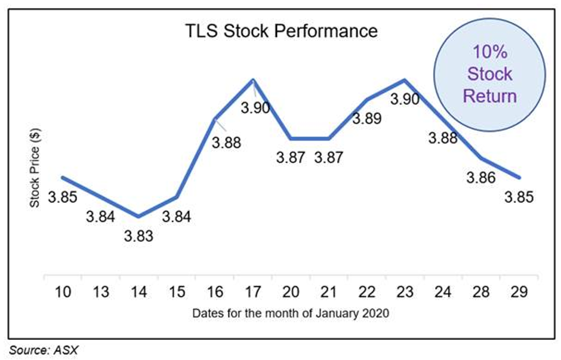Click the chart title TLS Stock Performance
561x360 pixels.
pyautogui.click(x=282, y=31)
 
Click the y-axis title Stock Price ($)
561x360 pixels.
pyautogui.click(x=35, y=168)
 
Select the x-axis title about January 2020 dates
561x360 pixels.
pyautogui.click(x=291, y=313)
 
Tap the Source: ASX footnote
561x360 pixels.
pyautogui.click(x=44, y=350)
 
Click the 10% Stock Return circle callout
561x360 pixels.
pyautogui.click(x=490, y=75)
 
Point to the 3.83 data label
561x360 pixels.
pyautogui.click(x=138, y=236)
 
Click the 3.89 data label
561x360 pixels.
pyautogui.click(x=366, y=118)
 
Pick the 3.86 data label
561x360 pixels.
pyautogui.click(x=481, y=178)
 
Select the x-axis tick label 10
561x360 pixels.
pyautogui.click(x=63, y=292)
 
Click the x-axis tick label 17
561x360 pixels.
pyautogui.click(x=252, y=292)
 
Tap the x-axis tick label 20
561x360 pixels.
pyautogui.click(x=291, y=292)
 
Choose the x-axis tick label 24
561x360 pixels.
pyautogui.click(x=443, y=292)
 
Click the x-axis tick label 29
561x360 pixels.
pyautogui.click(x=519, y=292)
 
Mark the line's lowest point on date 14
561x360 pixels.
pyautogui.click(x=138, y=217)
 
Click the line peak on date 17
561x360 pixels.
pyautogui.click(x=253, y=79)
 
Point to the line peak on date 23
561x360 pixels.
pyautogui.click(x=405, y=79)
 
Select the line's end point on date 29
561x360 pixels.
pyautogui.click(x=519, y=177)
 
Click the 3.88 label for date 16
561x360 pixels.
pyautogui.click(x=226, y=143)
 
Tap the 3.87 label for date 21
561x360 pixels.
pyautogui.click(x=328, y=158)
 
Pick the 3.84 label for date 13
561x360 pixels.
pyautogui.click(x=100, y=217)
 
